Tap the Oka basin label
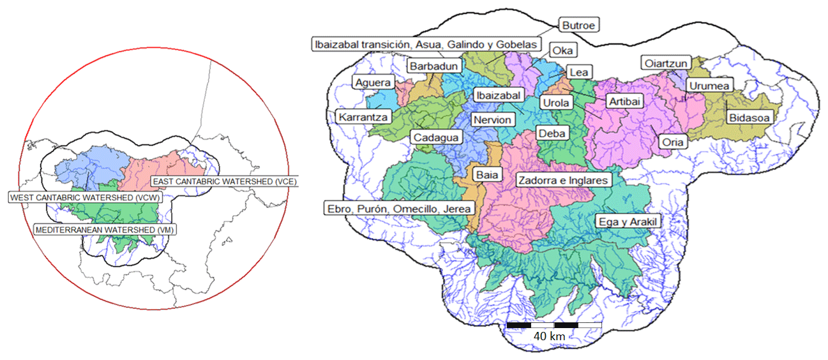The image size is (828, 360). (x=562, y=50)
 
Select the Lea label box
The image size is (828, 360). (x=578, y=73)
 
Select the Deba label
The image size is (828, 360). (x=551, y=133)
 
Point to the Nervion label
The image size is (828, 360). (x=492, y=120)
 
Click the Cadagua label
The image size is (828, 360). (x=435, y=137)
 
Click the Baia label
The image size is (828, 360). (x=485, y=174)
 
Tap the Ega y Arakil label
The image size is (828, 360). (x=628, y=221)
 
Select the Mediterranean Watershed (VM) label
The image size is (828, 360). (x=106, y=229)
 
